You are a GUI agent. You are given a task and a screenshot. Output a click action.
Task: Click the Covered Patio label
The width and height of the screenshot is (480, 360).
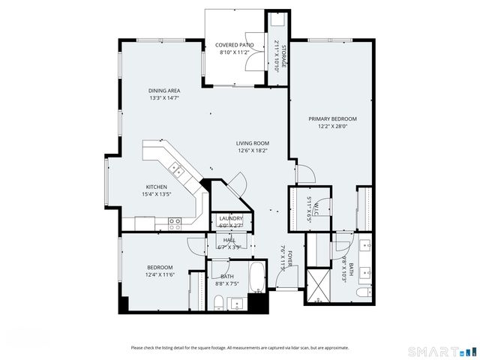(x=235, y=45)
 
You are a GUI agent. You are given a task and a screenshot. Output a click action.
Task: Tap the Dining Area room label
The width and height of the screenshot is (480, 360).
(x=163, y=90)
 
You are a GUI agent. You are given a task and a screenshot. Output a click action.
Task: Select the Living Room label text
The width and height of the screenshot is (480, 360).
(x=253, y=143)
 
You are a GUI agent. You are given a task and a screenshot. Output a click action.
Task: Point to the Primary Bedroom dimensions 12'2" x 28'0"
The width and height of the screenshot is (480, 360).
(x=332, y=126)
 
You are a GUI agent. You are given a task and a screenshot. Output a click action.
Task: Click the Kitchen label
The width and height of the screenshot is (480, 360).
(x=157, y=187)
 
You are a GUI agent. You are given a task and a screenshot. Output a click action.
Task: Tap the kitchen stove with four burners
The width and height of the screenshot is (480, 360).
(x=175, y=221)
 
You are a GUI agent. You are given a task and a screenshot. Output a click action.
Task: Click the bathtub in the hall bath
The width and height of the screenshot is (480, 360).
(x=257, y=278)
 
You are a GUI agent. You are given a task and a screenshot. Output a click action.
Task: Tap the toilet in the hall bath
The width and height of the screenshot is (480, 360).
(x=217, y=301)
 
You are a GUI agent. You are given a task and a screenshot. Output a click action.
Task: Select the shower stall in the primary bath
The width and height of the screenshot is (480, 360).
(x=319, y=286)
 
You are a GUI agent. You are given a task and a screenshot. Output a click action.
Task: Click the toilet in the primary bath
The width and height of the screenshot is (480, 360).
(x=363, y=292)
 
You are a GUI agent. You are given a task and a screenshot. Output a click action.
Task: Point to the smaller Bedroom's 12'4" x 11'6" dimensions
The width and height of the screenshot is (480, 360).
(x=160, y=275)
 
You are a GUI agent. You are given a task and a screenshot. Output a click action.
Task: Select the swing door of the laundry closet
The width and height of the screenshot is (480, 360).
(x=238, y=181)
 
